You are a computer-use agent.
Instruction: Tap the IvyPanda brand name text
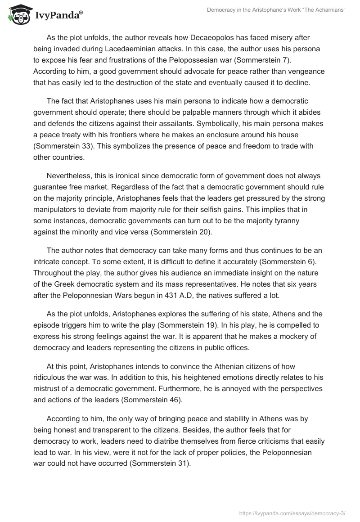(58, 16)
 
